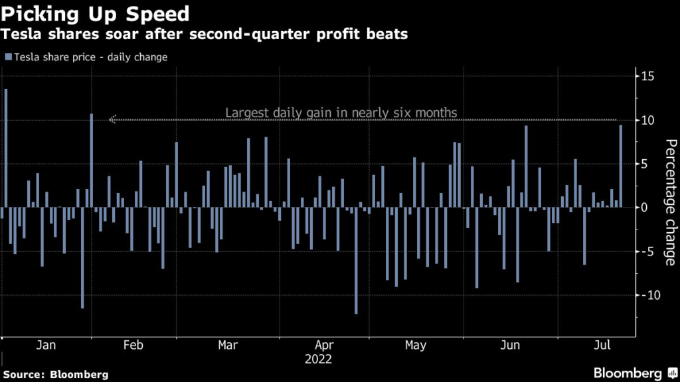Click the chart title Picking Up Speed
pyautogui.click(x=96, y=14)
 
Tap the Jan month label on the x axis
pyautogui.click(x=46, y=346)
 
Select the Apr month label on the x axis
pyautogui.click(x=324, y=346)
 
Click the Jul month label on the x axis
pyautogui.click(x=602, y=346)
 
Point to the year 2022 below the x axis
pyautogui.click(x=319, y=359)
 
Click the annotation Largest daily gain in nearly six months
pyautogui.click(x=341, y=113)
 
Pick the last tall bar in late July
pyautogui.click(x=621, y=166)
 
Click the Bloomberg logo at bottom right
pyautogui.click(x=628, y=373)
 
